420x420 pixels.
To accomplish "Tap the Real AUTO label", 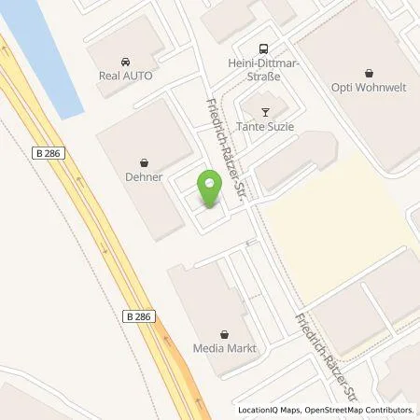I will click(126, 75).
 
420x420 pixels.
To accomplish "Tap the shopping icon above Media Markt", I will click(223, 334).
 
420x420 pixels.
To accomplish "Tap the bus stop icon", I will click(264, 48).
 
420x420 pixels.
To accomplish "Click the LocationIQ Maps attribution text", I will click(270, 410).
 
